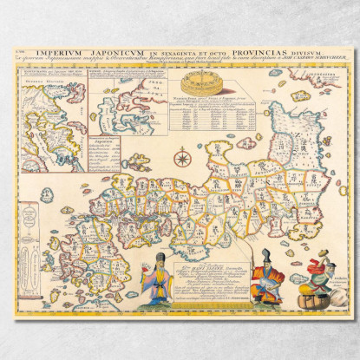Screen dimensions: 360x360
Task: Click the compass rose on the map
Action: (183, 158)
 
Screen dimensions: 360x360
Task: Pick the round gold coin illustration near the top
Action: (200, 85)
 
